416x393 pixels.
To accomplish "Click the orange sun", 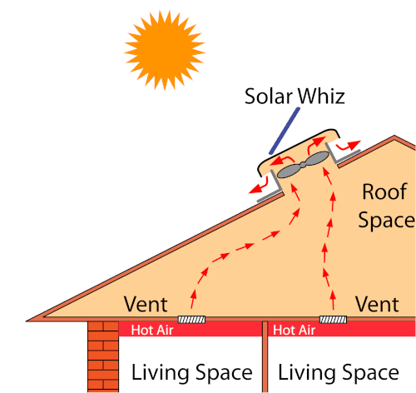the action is (165, 50).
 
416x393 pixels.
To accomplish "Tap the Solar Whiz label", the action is (295, 97).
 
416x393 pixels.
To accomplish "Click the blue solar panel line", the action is (285, 131).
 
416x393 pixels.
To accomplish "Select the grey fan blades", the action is (303, 165).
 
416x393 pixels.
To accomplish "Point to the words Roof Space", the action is (386, 206).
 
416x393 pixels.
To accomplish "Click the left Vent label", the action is (146, 305).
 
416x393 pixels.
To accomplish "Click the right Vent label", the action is (377, 305).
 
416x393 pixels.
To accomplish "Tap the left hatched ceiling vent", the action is (191, 320).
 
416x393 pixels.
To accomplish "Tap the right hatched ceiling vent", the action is (333, 320).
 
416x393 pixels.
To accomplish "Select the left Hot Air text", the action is (152, 331).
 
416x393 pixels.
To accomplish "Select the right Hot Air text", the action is (295, 331).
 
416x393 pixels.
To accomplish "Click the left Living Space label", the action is (192, 372).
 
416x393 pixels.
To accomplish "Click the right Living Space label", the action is (339, 372).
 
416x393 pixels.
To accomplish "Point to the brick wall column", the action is (103, 357).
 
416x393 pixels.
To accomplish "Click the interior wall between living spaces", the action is (265, 357).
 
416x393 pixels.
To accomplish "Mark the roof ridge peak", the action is (394, 137).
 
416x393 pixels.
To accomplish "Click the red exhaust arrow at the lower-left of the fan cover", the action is (260, 185).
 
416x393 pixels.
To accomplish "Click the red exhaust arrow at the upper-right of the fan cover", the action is (349, 146).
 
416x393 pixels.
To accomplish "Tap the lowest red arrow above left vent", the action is (193, 299).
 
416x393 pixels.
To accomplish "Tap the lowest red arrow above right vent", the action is (333, 300).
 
